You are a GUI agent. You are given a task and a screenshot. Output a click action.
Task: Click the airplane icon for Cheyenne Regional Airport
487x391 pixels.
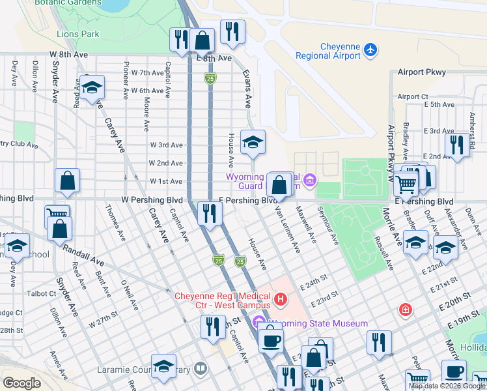pyautogui.click(x=370, y=49)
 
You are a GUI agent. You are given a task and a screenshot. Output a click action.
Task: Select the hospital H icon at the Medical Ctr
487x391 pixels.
pyautogui.click(x=281, y=299)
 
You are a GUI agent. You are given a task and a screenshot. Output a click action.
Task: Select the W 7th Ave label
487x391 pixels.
pyautogui.click(x=148, y=73)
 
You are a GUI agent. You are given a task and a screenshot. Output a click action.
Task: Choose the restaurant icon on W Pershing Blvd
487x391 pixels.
pyautogui.click(x=210, y=213)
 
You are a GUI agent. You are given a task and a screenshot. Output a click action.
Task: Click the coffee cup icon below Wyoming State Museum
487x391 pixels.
pyautogui.click(x=271, y=339)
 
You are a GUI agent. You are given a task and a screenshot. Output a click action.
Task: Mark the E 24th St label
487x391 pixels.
pyautogui.click(x=313, y=285)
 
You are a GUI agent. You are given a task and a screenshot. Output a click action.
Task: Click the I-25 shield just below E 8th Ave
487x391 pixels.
pyautogui.click(x=210, y=78)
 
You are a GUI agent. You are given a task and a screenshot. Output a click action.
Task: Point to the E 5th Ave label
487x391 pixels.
pyautogui.click(x=438, y=104)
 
